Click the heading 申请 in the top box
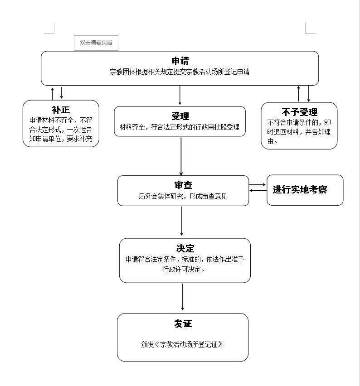click(180, 61)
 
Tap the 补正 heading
click(61, 110)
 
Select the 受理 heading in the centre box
click(180, 116)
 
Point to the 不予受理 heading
click(299, 112)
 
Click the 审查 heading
click(183, 185)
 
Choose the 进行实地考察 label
click(300, 189)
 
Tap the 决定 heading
click(185, 248)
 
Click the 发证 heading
click(183, 324)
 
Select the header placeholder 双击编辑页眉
click(96, 42)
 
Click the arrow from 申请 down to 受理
click(180, 95)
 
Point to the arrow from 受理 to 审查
click(181, 156)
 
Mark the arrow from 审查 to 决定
click(182, 221)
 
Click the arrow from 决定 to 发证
click(183, 297)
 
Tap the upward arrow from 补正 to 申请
click(53, 94)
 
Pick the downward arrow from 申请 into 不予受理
click(308, 94)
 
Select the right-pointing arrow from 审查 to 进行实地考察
click(258, 185)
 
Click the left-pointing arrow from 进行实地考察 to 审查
click(258, 191)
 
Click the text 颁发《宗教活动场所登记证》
click(182, 344)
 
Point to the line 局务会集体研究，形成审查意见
click(183, 196)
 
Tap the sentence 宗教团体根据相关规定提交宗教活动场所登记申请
click(180, 72)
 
